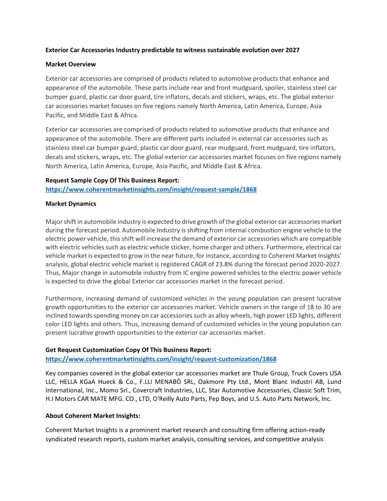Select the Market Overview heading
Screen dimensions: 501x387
click(x=71, y=64)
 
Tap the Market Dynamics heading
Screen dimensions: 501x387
click(x=71, y=204)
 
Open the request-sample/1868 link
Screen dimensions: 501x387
click(x=151, y=189)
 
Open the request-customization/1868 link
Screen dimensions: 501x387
click(x=161, y=359)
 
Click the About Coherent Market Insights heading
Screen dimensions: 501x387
click(x=93, y=416)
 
